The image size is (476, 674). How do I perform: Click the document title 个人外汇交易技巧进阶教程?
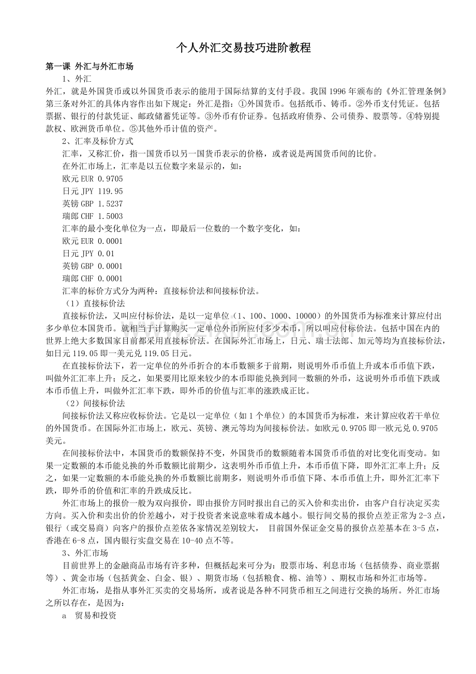pyautogui.click(x=243, y=49)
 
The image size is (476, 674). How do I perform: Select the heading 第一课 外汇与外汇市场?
pyautogui.click(x=90, y=67)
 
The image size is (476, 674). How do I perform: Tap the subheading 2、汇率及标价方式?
pyautogui.click(x=98, y=141)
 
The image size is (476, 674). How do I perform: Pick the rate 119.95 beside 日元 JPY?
pyautogui.click(x=110, y=191)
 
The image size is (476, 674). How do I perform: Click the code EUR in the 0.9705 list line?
pyautogui.click(x=87, y=179)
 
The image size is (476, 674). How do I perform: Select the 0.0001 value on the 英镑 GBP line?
pyautogui.click(x=110, y=266)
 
